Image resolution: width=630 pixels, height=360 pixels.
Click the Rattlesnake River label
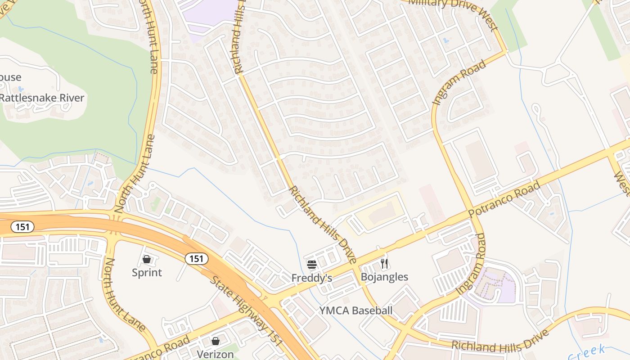point(41,98)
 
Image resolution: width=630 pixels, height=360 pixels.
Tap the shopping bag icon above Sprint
point(147,259)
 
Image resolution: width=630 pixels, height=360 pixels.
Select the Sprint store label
point(147,272)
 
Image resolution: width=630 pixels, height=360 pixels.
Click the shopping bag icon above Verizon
point(216,341)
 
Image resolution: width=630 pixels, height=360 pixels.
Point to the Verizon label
point(216,354)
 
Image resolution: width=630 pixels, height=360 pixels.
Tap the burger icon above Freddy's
point(312,265)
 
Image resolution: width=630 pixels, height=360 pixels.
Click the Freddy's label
point(312,278)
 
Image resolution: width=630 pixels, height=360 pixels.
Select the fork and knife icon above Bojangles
point(384,263)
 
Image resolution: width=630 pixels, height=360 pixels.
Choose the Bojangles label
point(384,277)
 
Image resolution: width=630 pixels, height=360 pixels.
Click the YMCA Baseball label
point(356,310)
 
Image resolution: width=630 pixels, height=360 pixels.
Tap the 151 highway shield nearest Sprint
point(196,259)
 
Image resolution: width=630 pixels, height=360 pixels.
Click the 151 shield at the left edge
point(22,227)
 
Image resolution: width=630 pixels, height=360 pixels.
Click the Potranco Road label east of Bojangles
point(504,199)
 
